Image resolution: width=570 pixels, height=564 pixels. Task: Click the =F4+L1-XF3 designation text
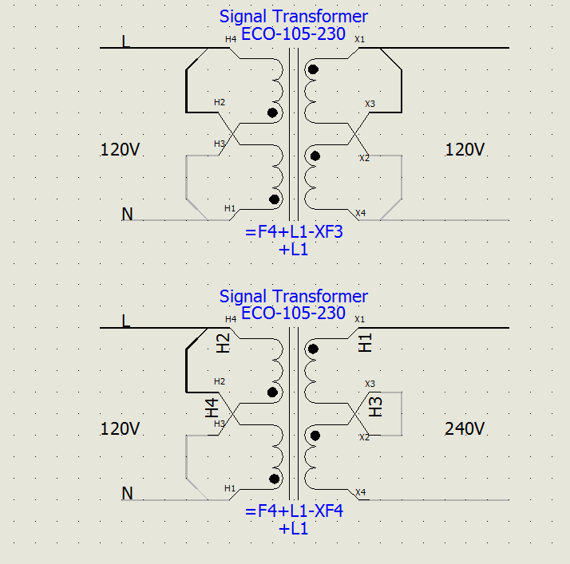(x=294, y=231)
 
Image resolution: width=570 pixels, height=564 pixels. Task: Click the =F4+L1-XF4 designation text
(x=294, y=511)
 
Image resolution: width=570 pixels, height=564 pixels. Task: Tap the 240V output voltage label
(x=465, y=429)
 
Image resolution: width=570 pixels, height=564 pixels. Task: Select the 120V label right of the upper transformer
(x=465, y=150)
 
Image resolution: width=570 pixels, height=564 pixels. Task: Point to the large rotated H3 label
(x=375, y=407)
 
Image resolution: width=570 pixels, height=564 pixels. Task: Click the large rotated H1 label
(x=365, y=343)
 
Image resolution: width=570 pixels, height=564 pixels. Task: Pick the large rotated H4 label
(x=212, y=408)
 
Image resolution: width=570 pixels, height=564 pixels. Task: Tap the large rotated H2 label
(x=223, y=343)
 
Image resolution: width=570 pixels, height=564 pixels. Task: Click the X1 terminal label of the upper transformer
(x=359, y=39)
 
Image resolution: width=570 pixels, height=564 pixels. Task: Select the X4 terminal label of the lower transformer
(x=360, y=492)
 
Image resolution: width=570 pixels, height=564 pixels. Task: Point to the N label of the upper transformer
(x=127, y=214)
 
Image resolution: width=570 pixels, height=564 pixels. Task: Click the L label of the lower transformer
(x=125, y=321)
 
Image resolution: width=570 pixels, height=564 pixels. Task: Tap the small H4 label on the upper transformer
(x=231, y=39)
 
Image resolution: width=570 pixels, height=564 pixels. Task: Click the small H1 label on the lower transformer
(x=230, y=488)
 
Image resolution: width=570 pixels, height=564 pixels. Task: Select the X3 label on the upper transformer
(x=370, y=104)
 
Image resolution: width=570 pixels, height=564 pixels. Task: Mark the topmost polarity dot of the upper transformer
(x=313, y=69)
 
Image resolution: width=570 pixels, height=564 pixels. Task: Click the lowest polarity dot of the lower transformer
(x=274, y=479)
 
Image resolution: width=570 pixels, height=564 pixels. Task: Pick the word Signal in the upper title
(x=243, y=17)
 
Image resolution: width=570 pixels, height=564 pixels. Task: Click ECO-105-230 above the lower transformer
(x=293, y=313)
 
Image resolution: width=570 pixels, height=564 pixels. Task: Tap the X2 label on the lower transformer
(x=364, y=437)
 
